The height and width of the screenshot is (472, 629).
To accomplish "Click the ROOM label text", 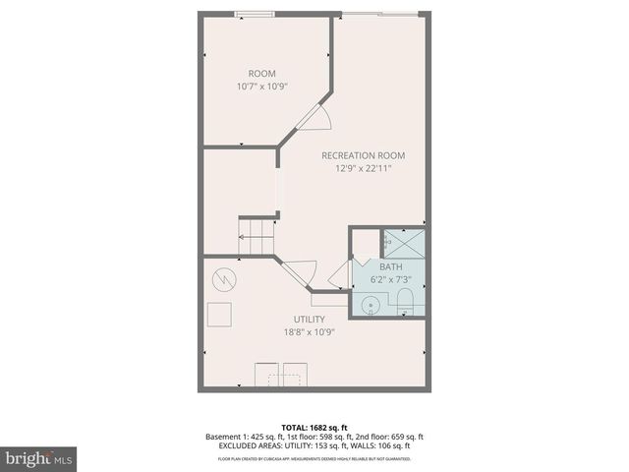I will pyautogui.click(x=261, y=74).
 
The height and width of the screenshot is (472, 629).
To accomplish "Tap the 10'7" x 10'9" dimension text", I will pyautogui.click(x=261, y=87).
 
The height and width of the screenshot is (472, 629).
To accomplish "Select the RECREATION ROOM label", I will pyautogui.click(x=363, y=155).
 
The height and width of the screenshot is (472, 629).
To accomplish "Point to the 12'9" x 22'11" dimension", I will pyautogui.click(x=363, y=168).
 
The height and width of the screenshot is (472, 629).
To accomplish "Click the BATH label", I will pyautogui.click(x=390, y=267).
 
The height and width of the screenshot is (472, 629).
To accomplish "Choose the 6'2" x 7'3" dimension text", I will pyautogui.click(x=390, y=280).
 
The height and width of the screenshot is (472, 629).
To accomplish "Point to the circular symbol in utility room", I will pyautogui.click(x=224, y=280).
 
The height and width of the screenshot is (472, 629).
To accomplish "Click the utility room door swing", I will pyautogui.click(x=300, y=271).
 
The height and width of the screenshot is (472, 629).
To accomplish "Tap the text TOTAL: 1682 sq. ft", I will pyautogui.click(x=314, y=425).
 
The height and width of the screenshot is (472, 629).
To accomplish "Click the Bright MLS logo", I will pyautogui.click(x=39, y=458).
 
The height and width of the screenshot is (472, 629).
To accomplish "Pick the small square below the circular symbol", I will pyautogui.click(x=219, y=315).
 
